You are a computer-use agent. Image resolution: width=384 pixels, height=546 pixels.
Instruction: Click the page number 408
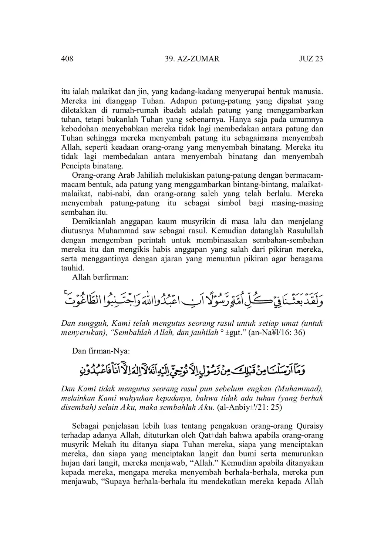point(67,58)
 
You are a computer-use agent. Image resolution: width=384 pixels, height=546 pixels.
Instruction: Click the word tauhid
point(72,268)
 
